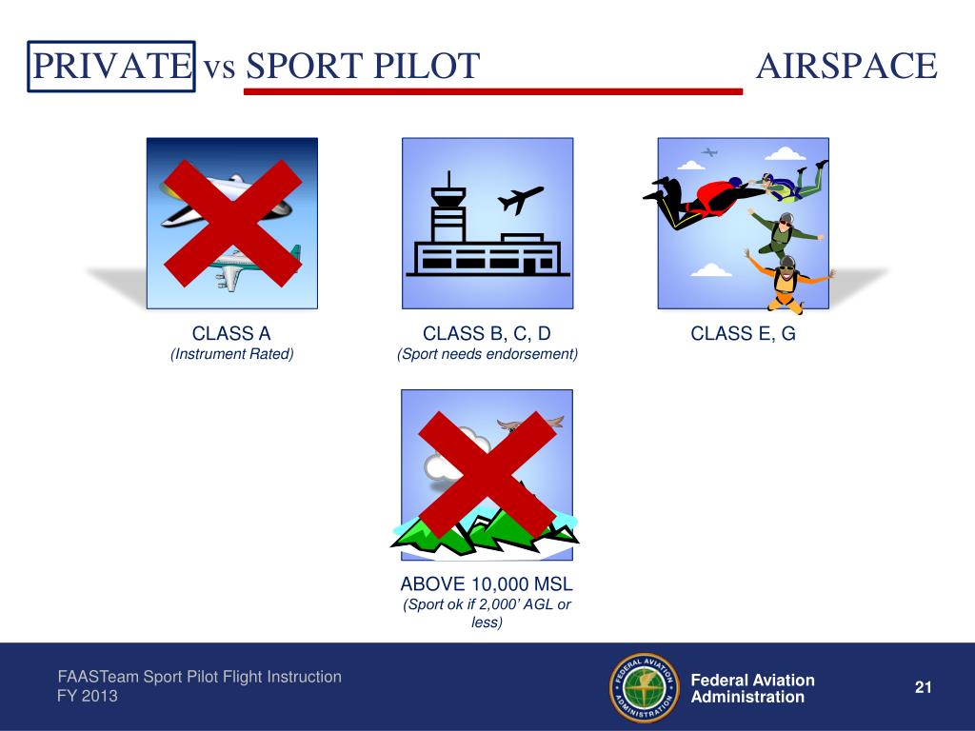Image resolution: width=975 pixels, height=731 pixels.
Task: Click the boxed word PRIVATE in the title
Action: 110,66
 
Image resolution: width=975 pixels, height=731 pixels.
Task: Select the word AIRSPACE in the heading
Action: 846,66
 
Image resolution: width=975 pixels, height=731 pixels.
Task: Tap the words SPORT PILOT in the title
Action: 362,66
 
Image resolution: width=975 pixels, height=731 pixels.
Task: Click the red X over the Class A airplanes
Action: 230,224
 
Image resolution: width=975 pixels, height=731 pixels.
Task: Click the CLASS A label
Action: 231,333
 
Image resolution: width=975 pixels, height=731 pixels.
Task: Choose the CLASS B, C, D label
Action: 487,333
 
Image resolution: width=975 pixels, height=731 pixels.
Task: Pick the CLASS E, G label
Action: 743,333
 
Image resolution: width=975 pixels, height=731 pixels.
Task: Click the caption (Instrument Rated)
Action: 231,354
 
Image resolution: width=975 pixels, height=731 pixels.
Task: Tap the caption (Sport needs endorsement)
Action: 487,354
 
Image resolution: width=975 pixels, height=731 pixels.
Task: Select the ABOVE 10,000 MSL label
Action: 487,583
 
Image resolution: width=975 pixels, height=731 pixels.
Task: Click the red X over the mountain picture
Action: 487,473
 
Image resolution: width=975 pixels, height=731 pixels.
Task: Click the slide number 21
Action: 922,687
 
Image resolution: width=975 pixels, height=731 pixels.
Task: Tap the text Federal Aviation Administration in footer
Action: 752,688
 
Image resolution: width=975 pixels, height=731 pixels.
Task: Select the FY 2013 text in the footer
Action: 88,697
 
